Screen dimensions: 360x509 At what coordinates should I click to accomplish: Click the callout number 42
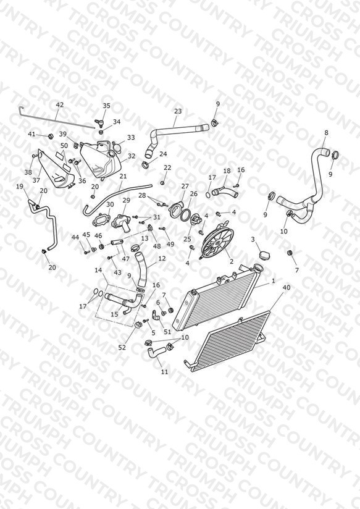60,105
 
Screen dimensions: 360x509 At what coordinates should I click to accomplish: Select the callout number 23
178,111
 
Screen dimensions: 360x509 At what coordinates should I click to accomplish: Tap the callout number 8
326,132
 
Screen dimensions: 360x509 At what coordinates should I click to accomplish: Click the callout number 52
122,347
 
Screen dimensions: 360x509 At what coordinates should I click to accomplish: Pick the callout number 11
165,372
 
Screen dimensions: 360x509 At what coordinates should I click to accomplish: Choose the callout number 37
36,180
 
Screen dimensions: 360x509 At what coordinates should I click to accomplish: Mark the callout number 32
132,156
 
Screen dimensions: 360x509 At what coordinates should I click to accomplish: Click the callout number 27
185,187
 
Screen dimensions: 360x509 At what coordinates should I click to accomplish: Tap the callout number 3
253,239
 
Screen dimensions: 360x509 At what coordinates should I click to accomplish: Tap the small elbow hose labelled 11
155,352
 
